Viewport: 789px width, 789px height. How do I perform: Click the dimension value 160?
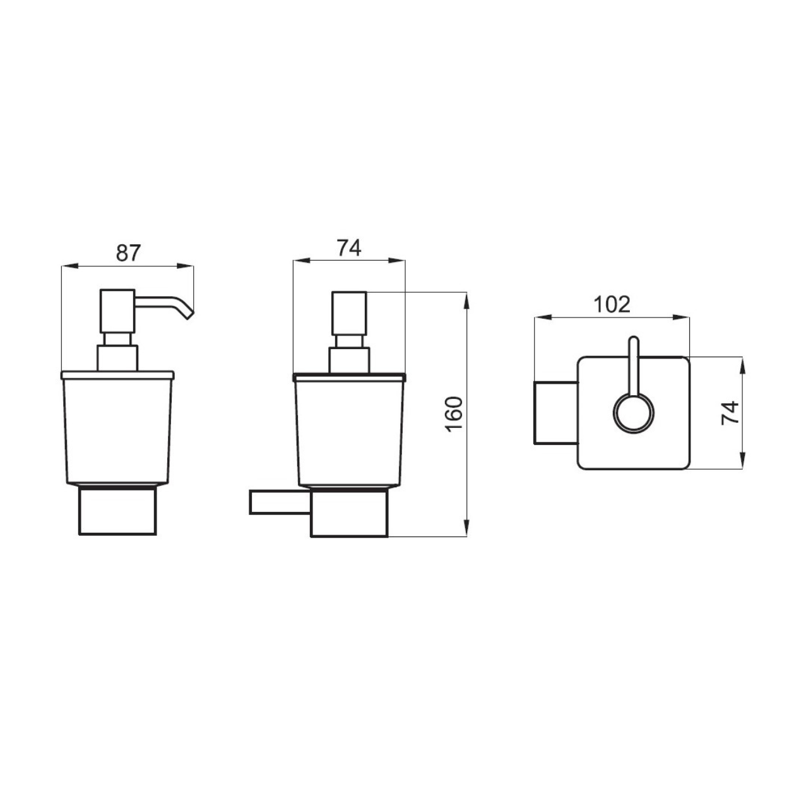point(454,414)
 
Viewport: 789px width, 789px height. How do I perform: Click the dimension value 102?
point(612,305)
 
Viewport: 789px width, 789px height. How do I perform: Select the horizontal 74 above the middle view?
point(349,247)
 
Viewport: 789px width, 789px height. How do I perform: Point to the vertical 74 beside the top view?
point(730,413)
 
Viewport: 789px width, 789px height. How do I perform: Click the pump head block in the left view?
point(117,311)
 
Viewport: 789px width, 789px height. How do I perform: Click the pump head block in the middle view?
point(349,314)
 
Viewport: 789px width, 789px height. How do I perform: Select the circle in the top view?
point(634,413)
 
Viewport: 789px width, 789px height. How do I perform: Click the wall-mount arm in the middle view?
point(280,502)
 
